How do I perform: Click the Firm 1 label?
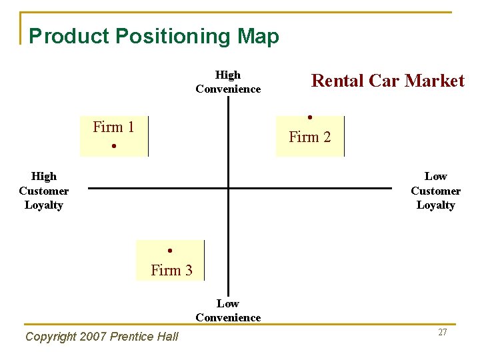113,127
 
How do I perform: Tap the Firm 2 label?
309,137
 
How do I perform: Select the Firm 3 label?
171,270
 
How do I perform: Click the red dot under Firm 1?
114,145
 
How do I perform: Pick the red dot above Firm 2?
310,117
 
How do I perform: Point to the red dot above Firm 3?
171,251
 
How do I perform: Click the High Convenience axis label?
228,82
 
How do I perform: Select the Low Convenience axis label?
228,311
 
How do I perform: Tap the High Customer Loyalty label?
44,191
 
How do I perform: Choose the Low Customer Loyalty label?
435,191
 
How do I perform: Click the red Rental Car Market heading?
388,81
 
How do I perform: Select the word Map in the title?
257,36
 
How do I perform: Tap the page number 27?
443,332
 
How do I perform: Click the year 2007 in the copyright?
94,337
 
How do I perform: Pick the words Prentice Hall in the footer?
145,337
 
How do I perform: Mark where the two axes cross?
228,188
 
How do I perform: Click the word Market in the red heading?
434,81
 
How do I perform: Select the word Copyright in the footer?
51,337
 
